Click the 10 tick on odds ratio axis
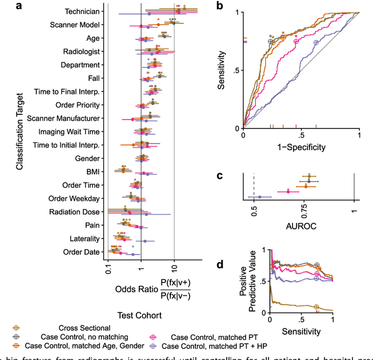tap(174, 271)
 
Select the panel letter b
tap(219, 6)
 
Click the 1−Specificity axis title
tap(301, 146)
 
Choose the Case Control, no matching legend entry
tap(82, 337)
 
